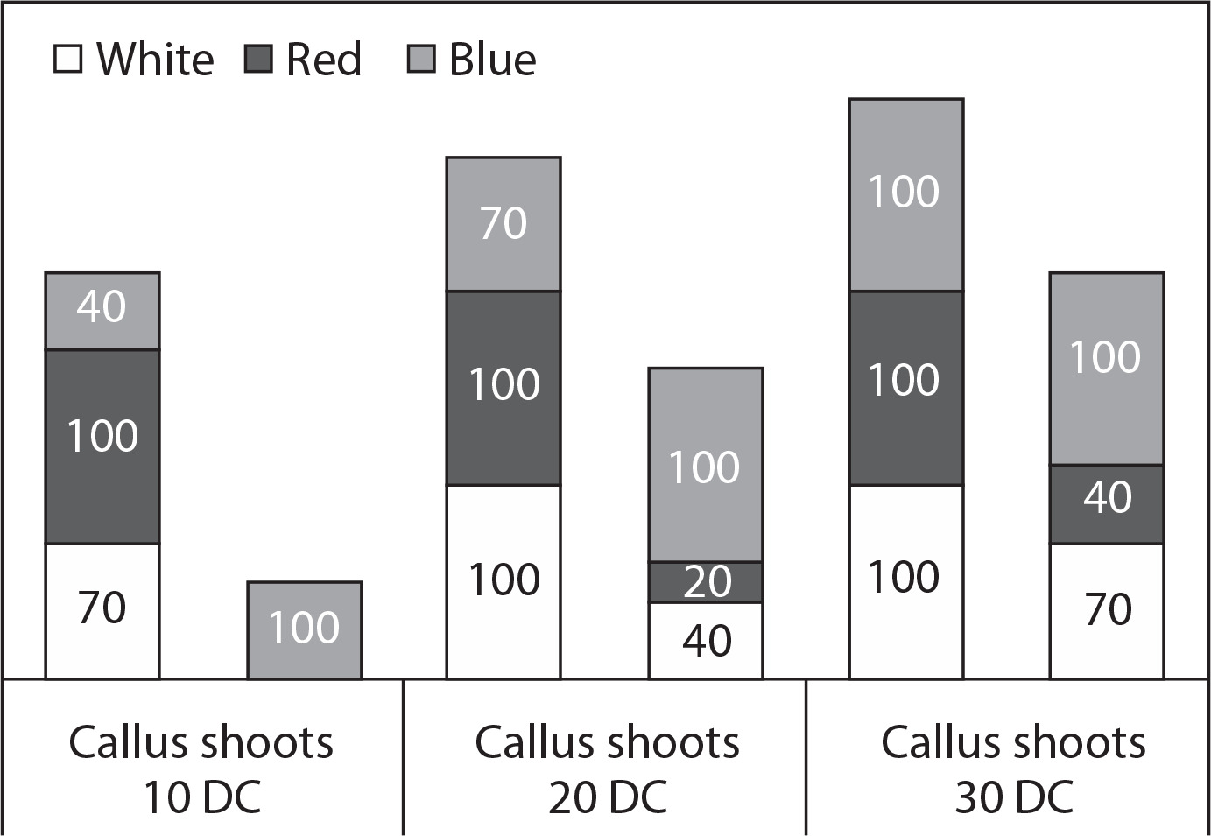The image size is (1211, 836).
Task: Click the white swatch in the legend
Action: click(x=68, y=60)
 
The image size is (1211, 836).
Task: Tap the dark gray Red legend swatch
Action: click(x=258, y=60)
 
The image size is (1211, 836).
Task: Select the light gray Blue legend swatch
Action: click(x=421, y=60)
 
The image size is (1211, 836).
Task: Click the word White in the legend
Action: click(x=155, y=59)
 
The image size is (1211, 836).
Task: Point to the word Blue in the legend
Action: click(x=492, y=59)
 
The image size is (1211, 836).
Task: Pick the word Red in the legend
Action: click(x=323, y=59)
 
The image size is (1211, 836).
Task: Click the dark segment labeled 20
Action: click(x=706, y=582)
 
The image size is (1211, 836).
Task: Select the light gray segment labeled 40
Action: click(x=102, y=311)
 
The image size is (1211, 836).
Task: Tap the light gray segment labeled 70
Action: click(x=503, y=224)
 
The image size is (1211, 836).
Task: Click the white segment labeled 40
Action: click(x=706, y=641)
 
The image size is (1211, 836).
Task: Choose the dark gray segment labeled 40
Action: click(x=1107, y=504)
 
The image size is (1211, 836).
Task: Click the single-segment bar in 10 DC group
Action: click(x=305, y=630)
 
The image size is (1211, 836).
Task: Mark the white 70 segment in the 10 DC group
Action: click(x=102, y=611)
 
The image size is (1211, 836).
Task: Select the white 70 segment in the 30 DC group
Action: click(x=1107, y=611)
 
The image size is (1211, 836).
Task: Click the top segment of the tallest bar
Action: click(x=906, y=195)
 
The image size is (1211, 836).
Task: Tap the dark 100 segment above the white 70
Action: click(x=102, y=446)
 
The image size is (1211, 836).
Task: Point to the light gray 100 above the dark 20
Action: click(x=706, y=465)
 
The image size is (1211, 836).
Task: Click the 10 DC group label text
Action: click(x=201, y=769)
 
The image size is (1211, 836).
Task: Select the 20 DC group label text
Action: click(x=607, y=769)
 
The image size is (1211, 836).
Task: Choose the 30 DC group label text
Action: click(x=1013, y=769)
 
